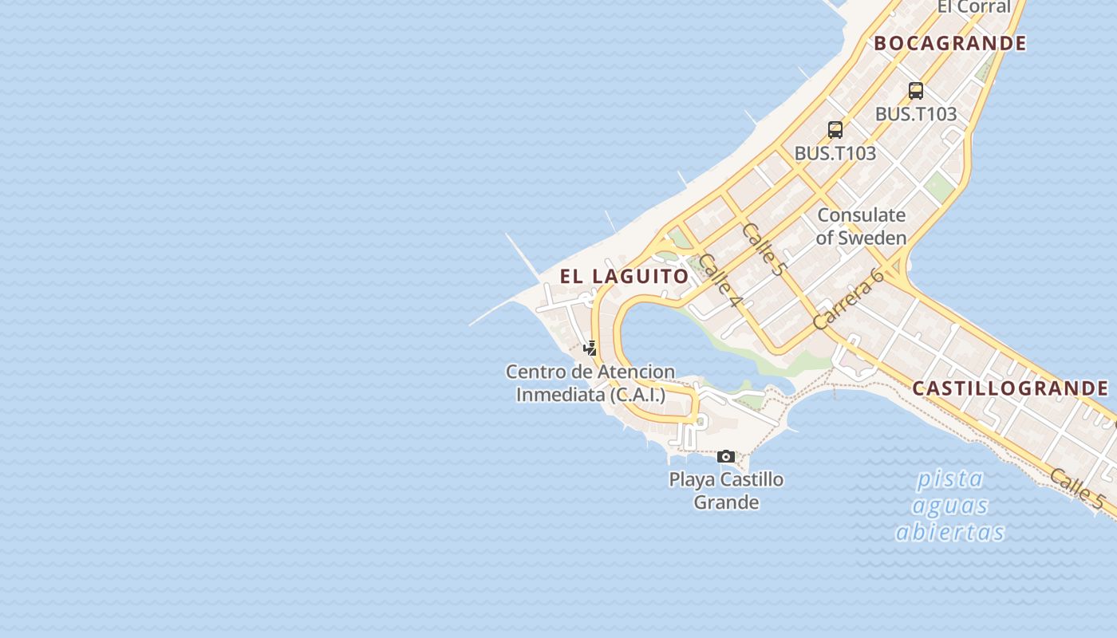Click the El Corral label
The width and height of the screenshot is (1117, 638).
[x=973, y=6]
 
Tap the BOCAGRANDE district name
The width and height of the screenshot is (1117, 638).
[x=949, y=43]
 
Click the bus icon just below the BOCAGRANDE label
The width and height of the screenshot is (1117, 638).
[x=915, y=91]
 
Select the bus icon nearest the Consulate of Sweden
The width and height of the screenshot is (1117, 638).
[x=835, y=129]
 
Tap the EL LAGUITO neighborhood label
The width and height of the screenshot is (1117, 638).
[x=624, y=277]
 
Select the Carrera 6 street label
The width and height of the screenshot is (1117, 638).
[x=848, y=298]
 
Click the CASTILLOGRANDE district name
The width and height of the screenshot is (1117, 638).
[x=1009, y=388]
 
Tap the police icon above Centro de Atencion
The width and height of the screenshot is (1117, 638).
[x=590, y=348]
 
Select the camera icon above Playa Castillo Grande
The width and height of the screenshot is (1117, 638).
[x=725, y=456]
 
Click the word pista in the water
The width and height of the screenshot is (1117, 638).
[x=949, y=479]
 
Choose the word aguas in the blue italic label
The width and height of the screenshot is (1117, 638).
[x=949, y=506]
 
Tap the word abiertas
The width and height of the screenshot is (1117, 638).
[x=949, y=532]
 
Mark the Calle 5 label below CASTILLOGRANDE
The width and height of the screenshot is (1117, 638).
[x=1076, y=489]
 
